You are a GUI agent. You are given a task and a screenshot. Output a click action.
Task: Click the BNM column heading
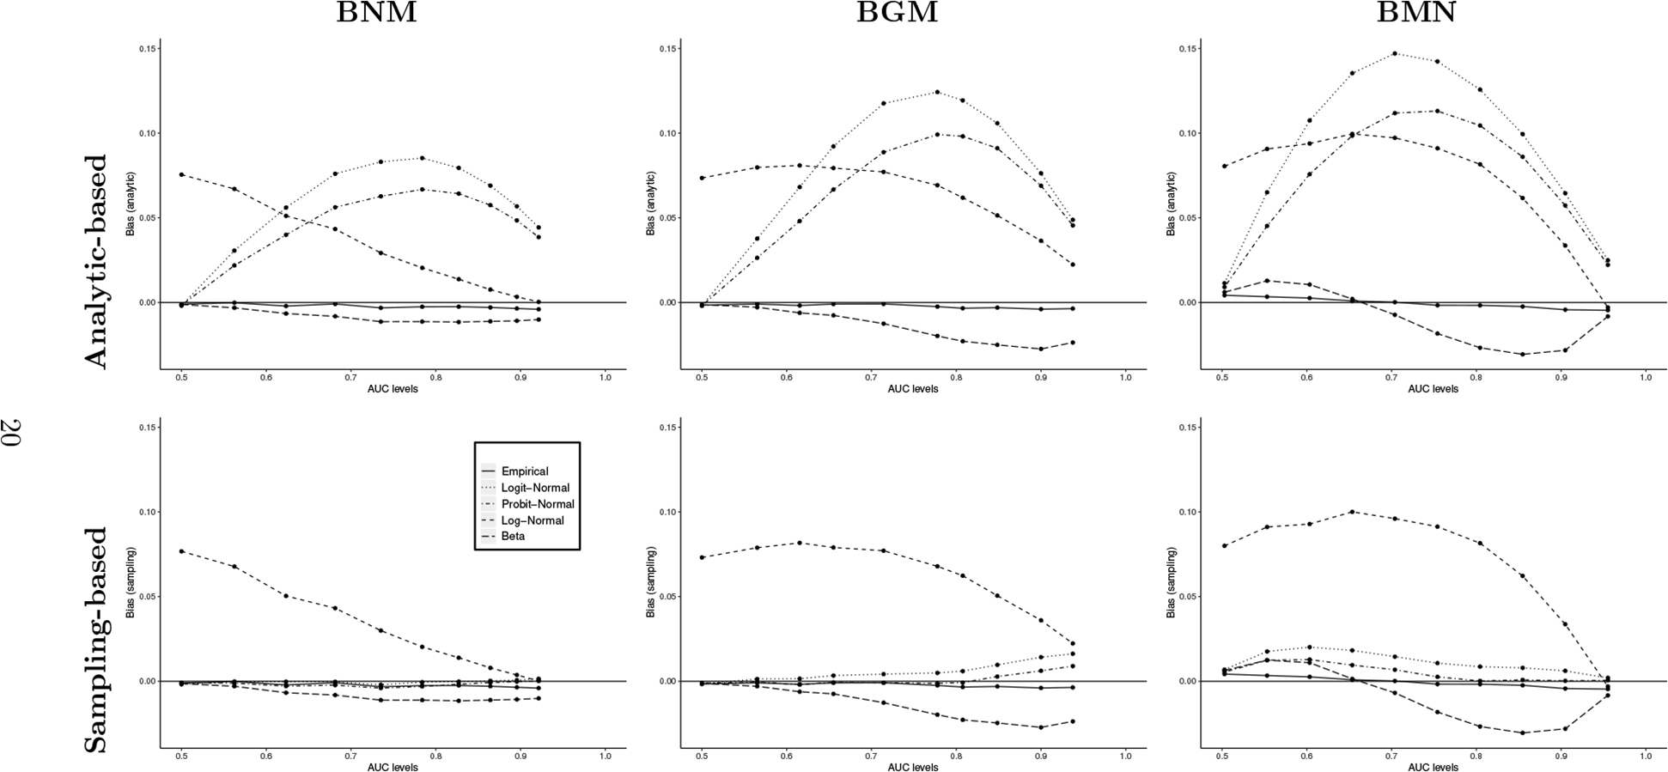click(x=376, y=13)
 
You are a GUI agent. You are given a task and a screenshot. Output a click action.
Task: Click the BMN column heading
click(x=1416, y=13)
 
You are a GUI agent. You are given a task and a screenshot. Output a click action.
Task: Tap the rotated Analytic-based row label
click(x=95, y=261)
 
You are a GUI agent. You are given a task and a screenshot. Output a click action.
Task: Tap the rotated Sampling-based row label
click(x=95, y=640)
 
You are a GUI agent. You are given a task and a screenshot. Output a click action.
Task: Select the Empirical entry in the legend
click(x=525, y=471)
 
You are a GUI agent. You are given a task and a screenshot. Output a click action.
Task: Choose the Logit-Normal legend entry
click(x=535, y=488)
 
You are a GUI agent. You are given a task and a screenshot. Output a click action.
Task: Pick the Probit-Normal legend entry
click(x=538, y=504)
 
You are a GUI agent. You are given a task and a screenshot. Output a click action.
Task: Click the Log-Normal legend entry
click(x=533, y=520)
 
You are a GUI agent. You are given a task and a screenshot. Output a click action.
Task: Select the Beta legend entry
click(x=513, y=537)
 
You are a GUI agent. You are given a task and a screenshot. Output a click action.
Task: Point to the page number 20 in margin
click(x=12, y=432)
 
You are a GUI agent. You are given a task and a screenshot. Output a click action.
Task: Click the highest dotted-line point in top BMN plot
click(x=1394, y=53)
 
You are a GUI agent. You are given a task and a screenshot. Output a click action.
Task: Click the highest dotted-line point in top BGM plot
click(x=936, y=92)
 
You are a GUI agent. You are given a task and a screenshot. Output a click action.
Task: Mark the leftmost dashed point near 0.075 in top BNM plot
click(x=181, y=174)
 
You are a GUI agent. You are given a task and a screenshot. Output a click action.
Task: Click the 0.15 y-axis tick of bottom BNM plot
click(x=147, y=428)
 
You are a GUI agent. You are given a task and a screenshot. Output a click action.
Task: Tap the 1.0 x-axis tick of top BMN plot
click(x=1646, y=377)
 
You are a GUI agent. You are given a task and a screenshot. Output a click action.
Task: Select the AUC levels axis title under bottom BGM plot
click(x=912, y=767)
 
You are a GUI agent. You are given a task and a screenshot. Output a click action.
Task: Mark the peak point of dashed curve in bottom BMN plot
click(x=1352, y=512)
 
